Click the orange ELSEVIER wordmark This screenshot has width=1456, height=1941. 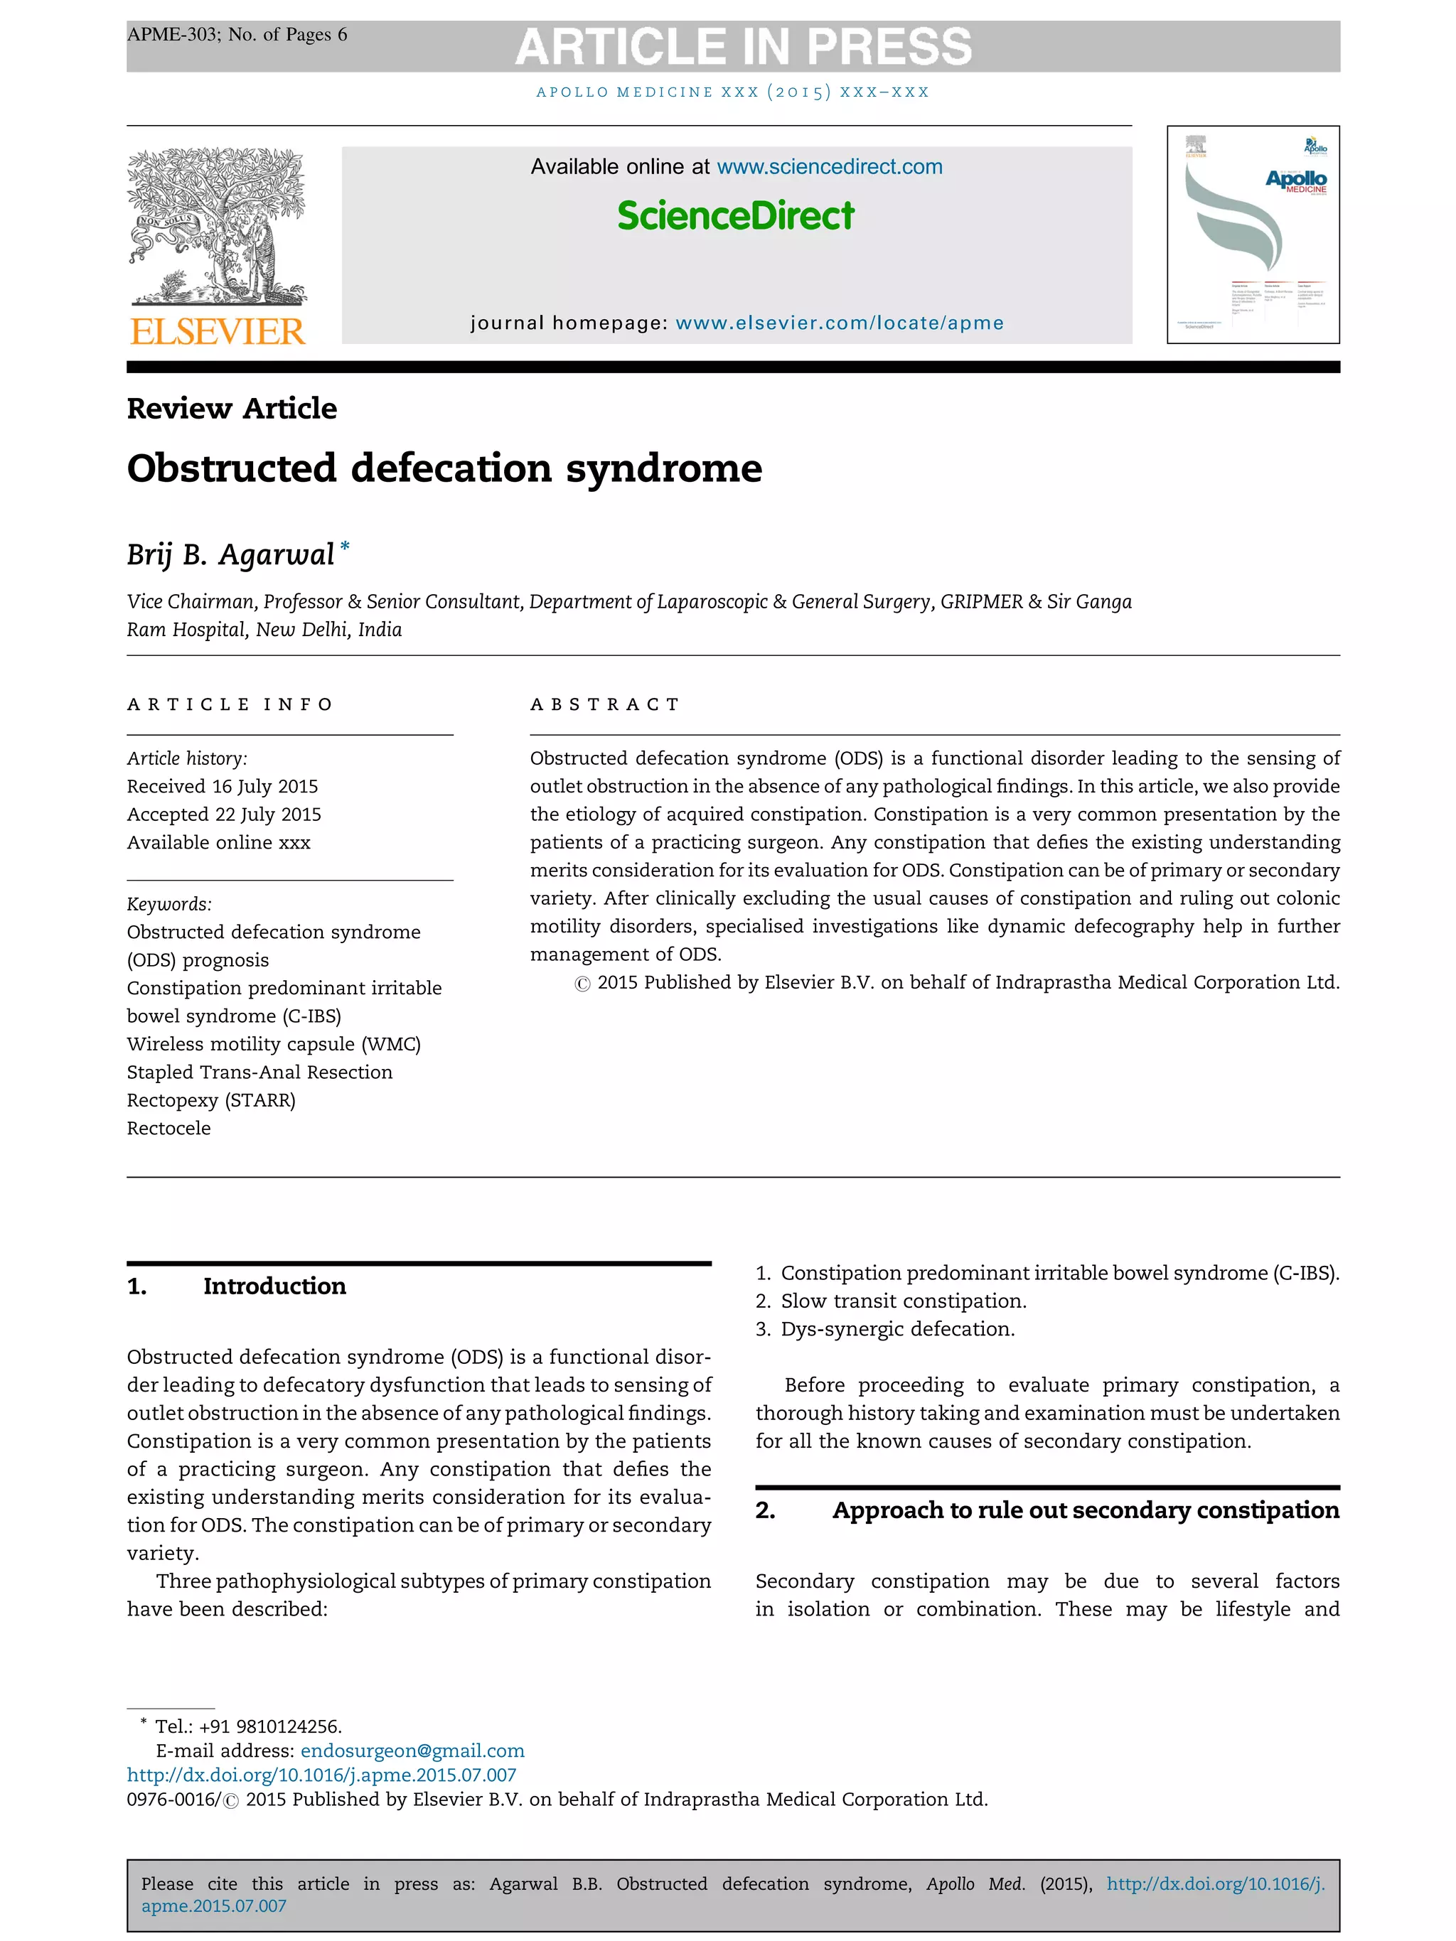click(218, 332)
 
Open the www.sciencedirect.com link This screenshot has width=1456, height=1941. click(830, 167)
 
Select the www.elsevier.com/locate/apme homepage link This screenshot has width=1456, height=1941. click(839, 323)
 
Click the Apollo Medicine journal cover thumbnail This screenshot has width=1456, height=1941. click(1253, 235)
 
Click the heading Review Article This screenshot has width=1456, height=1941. click(232, 408)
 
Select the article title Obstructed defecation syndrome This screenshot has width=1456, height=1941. click(444, 468)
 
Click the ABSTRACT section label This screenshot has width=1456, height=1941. click(605, 704)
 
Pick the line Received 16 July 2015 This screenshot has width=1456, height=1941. click(222, 786)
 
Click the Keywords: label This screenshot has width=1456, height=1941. click(169, 904)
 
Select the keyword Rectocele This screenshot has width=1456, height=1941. click(168, 1129)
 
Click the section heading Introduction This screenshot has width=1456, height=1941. click(274, 1286)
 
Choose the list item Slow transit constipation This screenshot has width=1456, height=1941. click(902, 1301)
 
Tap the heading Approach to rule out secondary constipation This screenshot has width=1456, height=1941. click(1085, 1510)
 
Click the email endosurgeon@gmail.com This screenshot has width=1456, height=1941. click(412, 1751)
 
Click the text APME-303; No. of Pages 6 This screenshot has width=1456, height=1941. click(237, 35)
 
